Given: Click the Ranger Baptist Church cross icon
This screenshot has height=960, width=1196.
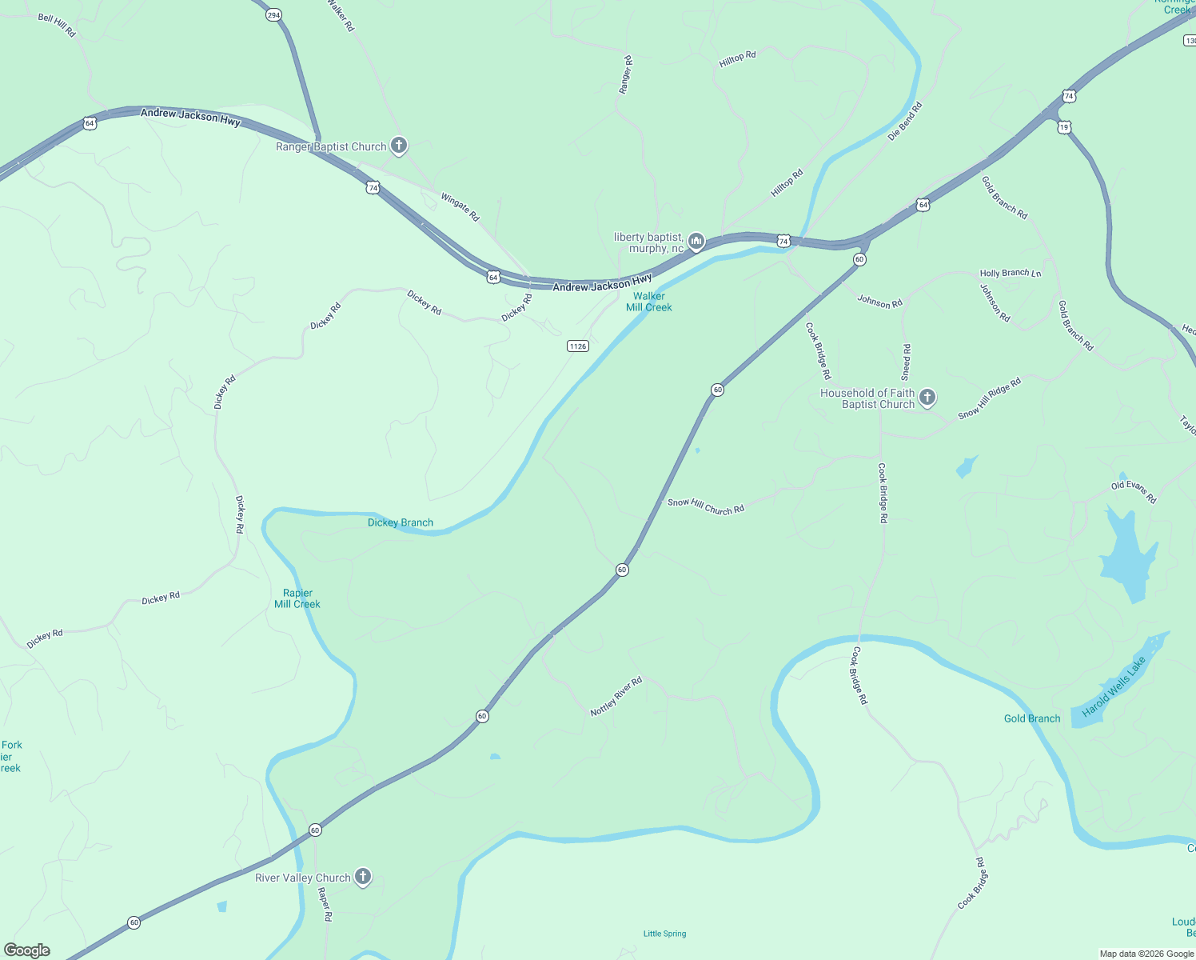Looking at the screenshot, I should click(x=399, y=146).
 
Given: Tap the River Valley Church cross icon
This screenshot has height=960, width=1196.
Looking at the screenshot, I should click(x=363, y=878).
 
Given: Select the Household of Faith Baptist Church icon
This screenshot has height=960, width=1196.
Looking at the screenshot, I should click(x=927, y=398).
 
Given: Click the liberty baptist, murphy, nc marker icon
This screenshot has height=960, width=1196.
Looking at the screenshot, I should click(x=696, y=242).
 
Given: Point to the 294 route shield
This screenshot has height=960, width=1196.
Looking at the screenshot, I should click(x=274, y=15).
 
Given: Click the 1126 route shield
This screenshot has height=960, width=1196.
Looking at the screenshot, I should click(x=577, y=346).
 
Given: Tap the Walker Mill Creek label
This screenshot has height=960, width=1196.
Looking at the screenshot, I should click(x=649, y=302).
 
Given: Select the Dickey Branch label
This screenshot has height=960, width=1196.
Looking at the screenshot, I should click(x=401, y=522).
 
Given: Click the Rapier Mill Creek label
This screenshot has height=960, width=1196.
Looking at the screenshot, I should click(x=297, y=598).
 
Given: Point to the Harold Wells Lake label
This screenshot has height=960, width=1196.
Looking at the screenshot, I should click(x=1114, y=686).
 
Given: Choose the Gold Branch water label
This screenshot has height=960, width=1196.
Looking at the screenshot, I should click(x=1032, y=718).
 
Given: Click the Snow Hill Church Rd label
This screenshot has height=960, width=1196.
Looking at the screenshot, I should click(x=706, y=506).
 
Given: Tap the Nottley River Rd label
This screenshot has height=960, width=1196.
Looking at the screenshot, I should click(x=616, y=697).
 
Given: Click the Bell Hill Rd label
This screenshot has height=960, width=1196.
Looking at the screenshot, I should click(x=57, y=25).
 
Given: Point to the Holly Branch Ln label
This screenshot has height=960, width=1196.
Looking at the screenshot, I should click(x=1011, y=273).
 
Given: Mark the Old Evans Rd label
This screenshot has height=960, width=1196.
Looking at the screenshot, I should click(x=1134, y=492).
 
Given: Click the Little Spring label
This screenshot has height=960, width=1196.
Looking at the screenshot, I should click(x=665, y=934).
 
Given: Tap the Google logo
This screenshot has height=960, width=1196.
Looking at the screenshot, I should click(x=27, y=950).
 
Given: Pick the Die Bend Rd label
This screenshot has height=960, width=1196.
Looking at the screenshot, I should click(x=905, y=121).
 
